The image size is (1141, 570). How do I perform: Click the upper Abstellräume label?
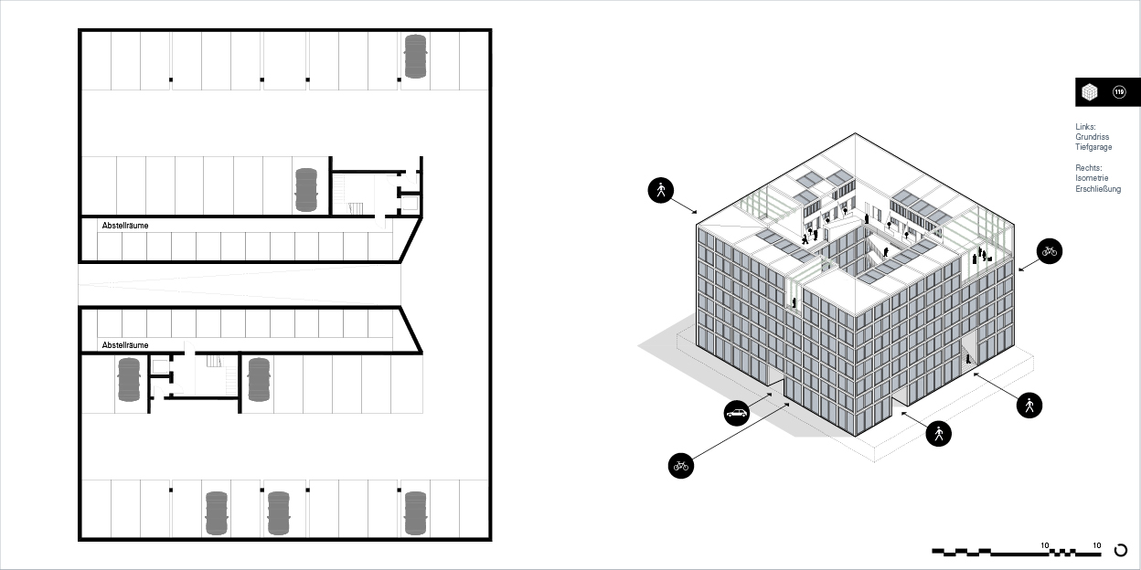tap(124, 226)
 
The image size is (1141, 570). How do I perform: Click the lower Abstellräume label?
tap(124, 345)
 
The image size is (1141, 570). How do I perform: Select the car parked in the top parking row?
tap(416, 57)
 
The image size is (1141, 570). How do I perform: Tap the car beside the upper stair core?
tap(306, 190)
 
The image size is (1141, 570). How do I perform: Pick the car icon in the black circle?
tap(737, 413)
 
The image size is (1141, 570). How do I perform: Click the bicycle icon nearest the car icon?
tap(681, 466)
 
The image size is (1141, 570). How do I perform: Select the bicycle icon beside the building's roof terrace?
tap(1050, 251)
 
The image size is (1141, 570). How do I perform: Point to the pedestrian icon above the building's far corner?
tap(661, 190)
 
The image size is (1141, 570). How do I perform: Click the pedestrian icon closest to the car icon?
tap(938, 434)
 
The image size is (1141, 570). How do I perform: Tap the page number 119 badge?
tap(1119, 92)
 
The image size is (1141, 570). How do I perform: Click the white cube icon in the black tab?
tap(1090, 92)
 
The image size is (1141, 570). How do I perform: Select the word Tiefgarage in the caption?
tap(1093, 147)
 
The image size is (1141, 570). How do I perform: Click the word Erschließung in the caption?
tap(1098, 189)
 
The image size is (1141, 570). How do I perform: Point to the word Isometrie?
tap(1092, 178)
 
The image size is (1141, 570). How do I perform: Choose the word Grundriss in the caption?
tap(1093, 137)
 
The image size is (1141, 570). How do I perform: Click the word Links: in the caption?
tap(1085, 127)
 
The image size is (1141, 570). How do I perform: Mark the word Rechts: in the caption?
tap(1089, 168)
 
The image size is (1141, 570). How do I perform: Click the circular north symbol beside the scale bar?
tap(1121, 550)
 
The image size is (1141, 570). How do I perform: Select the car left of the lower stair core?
tap(129, 380)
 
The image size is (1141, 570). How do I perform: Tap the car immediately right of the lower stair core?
tap(259, 380)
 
